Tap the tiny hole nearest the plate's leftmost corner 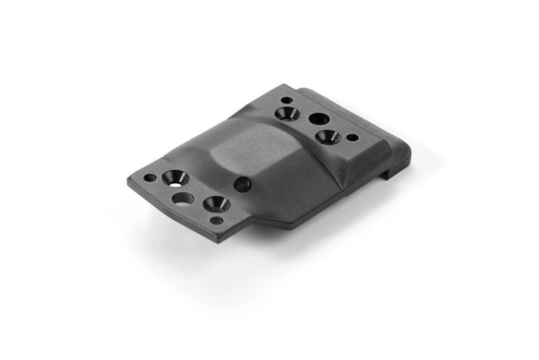[x=150, y=178]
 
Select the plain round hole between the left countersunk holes [x=183, y=198]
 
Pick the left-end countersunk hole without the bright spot [x=216, y=203]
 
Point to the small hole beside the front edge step [x=216, y=220]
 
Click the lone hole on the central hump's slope [x=243, y=184]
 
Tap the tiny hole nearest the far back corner [x=286, y=100]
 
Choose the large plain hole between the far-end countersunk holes [x=319, y=119]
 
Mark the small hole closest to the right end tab [x=352, y=138]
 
